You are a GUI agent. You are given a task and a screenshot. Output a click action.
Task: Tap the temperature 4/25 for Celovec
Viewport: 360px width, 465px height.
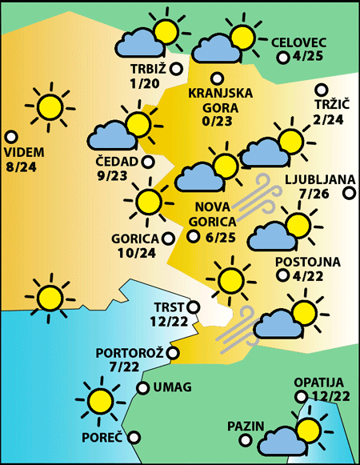tap(309, 57)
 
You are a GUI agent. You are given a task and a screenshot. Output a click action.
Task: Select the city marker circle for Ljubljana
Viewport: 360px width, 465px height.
tap(349, 193)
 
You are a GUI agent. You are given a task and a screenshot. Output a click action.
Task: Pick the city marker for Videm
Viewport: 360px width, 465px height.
tap(11, 137)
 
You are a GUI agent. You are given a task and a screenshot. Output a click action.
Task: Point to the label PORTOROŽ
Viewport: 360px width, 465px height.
tap(129, 353)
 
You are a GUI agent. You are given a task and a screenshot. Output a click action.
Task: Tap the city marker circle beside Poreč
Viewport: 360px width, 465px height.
tap(134, 437)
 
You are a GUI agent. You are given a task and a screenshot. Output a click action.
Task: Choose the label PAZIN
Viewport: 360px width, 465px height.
tap(246, 425)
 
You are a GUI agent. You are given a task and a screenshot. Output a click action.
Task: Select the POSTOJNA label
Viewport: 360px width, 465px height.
tap(308, 262)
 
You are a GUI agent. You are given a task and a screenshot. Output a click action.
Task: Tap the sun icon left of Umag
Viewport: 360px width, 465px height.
tap(100, 399)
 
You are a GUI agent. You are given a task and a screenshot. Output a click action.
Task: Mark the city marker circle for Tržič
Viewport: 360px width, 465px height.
tap(321, 90)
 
